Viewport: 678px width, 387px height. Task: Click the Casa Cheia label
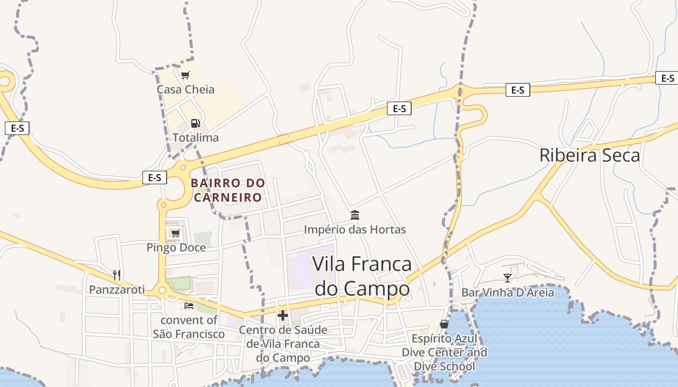click(185, 89)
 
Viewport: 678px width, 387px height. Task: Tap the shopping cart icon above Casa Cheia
click(185, 75)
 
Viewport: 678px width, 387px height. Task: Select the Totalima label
click(196, 137)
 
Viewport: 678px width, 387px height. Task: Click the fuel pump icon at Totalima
click(195, 123)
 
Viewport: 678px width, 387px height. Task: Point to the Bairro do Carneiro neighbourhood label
click(228, 190)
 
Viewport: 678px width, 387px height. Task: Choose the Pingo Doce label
click(176, 248)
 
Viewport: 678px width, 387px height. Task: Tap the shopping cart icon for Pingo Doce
click(175, 233)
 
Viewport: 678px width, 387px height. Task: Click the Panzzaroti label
click(117, 289)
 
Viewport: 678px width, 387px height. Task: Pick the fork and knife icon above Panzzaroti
click(116, 275)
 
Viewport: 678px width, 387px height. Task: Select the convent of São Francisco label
click(189, 327)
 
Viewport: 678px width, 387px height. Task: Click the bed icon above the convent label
click(189, 306)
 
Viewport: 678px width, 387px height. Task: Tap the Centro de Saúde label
click(283, 344)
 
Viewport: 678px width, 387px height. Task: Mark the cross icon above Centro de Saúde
click(283, 316)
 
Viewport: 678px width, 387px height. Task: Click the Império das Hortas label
click(354, 229)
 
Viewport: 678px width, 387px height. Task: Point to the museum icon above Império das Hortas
click(355, 215)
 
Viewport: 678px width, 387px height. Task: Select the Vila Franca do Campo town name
click(362, 276)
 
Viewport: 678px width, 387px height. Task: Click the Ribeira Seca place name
click(589, 155)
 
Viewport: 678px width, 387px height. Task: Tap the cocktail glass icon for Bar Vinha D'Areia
click(508, 278)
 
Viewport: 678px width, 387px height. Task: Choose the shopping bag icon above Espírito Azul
click(444, 324)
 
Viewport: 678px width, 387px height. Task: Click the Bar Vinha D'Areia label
click(508, 292)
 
